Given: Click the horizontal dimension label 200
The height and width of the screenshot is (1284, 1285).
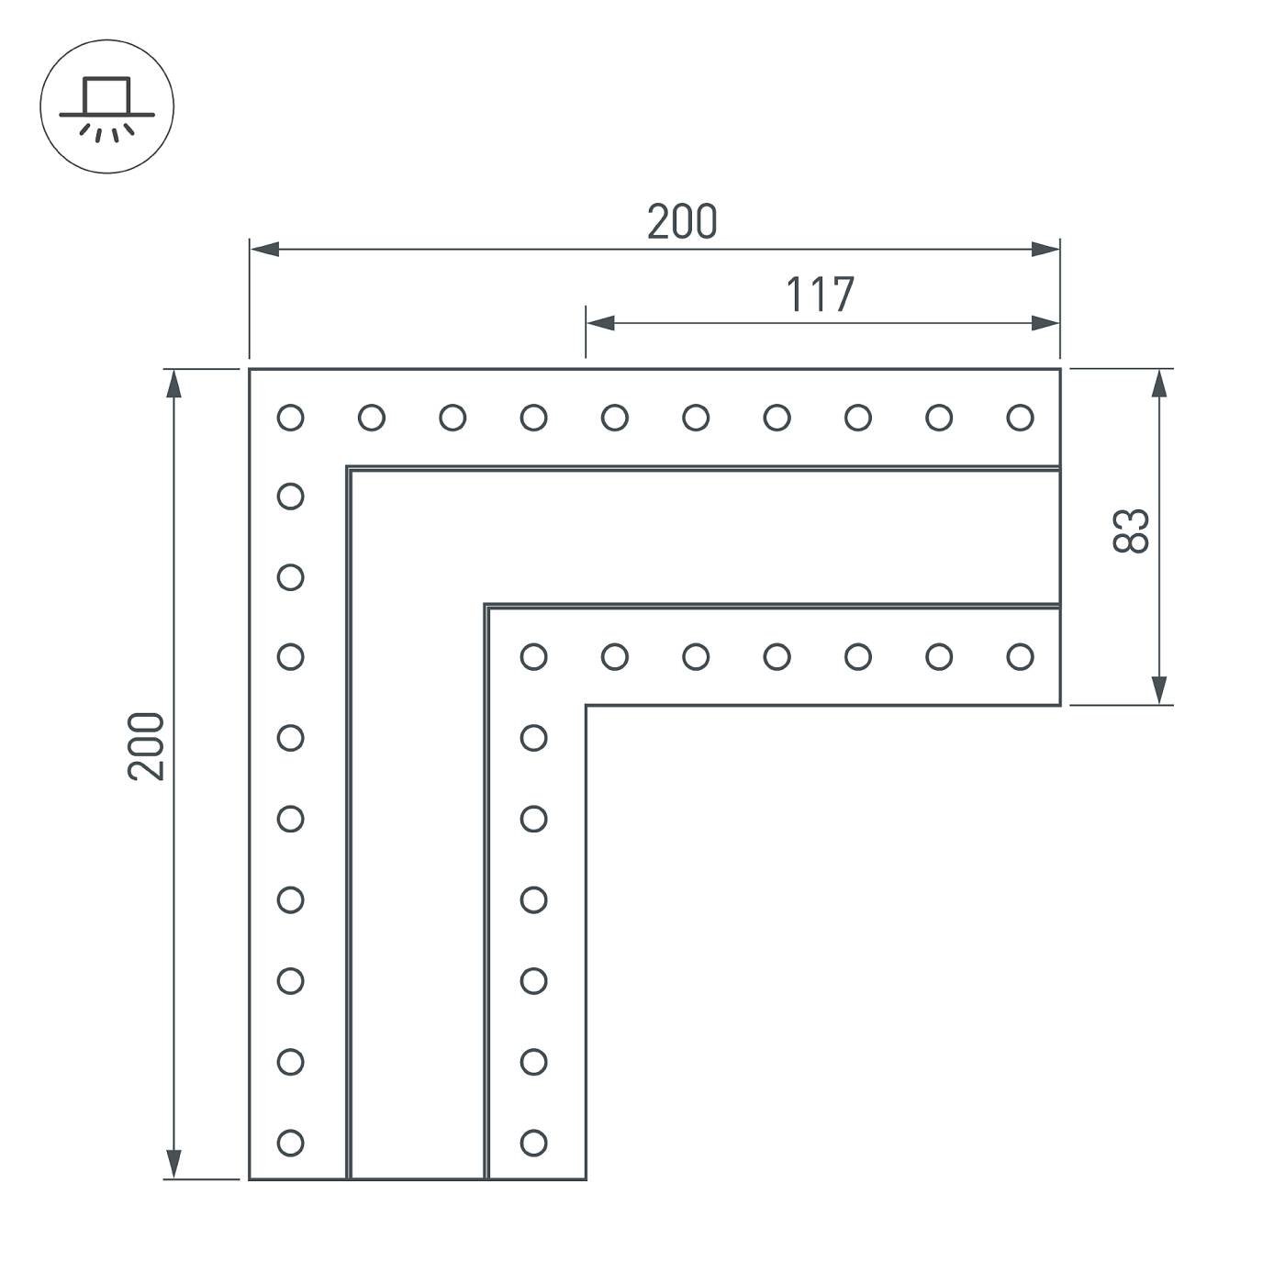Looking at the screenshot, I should pyautogui.click(x=681, y=222).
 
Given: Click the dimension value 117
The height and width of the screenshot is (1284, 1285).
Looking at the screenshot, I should pyautogui.click(x=820, y=295).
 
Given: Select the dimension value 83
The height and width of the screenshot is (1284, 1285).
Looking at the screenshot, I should pyautogui.click(x=1131, y=530).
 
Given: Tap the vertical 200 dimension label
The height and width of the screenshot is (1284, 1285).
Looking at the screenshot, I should pyautogui.click(x=146, y=746).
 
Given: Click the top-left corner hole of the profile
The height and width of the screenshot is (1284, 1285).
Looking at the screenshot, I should pyautogui.click(x=290, y=418).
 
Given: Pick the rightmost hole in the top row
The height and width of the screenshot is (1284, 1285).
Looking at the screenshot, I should pyautogui.click(x=1020, y=418).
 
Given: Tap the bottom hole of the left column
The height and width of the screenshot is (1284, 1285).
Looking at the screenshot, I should pyautogui.click(x=290, y=1143).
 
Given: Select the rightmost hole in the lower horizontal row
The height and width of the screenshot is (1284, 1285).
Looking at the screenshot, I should pyautogui.click(x=1020, y=656).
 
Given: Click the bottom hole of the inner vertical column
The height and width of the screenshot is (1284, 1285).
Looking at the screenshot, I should pyautogui.click(x=533, y=1143).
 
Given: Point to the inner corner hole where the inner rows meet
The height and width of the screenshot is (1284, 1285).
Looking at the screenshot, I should pyautogui.click(x=533, y=656).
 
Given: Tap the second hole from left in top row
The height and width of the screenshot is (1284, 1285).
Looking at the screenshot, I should pyautogui.click(x=371, y=418).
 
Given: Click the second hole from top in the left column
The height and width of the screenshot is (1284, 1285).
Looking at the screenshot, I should pyautogui.click(x=290, y=497).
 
